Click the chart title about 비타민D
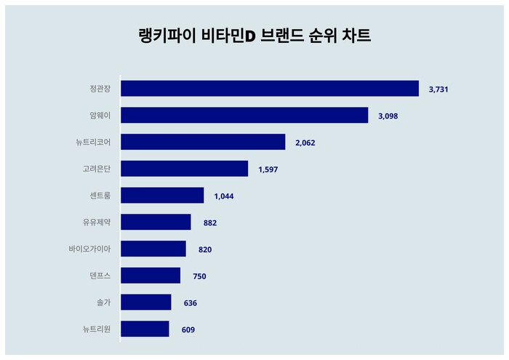click(x=254, y=36)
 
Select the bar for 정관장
click(x=270, y=89)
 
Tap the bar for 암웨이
click(x=244, y=116)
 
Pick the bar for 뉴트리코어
click(x=203, y=142)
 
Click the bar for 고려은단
click(x=185, y=169)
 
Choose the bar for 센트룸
click(x=162, y=196)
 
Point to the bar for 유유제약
click(x=156, y=223)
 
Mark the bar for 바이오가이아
click(x=153, y=249)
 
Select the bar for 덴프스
click(x=151, y=276)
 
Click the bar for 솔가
click(x=146, y=303)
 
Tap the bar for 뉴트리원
click(x=145, y=329)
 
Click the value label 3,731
click(x=438, y=89)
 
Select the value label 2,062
click(x=305, y=143)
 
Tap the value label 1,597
click(x=268, y=169)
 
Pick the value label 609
click(x=188, y=330)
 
